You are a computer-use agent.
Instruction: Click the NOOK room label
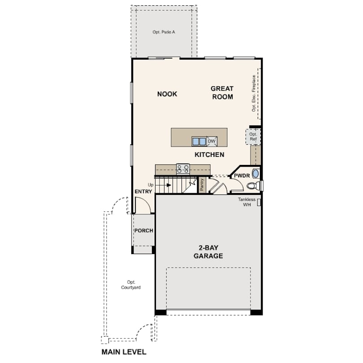point(167,94)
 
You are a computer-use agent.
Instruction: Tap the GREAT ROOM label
point(222,93)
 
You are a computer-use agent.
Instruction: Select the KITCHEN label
point(209,155)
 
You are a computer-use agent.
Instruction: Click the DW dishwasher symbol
point(212,141)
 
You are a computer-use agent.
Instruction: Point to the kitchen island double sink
point(199,142)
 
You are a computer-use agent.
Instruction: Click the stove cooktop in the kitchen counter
point(183,169)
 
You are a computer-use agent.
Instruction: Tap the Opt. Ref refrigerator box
point(253,137)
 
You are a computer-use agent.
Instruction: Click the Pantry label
point(202,185)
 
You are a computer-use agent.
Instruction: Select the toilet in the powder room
point(253,186)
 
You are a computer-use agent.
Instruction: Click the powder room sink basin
point(255,173)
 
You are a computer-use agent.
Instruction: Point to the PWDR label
point(242,176)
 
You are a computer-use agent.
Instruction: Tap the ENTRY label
point(143,191)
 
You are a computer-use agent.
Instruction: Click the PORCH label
point(144,231)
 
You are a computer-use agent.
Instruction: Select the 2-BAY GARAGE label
point(208,252)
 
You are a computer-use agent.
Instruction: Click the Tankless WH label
point(247,202)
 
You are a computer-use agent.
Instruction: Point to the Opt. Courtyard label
point(131,285)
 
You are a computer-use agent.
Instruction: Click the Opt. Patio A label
point(164,32)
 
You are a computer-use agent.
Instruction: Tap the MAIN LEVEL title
point(124,352)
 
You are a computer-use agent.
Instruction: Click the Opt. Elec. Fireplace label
point(254,93)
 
